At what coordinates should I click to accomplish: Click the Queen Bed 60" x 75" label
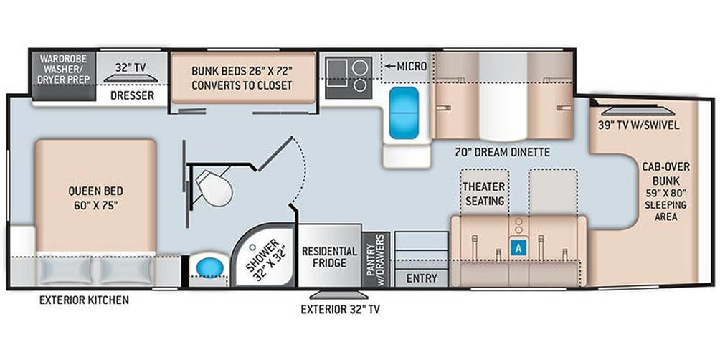95,198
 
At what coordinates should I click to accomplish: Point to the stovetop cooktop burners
349,77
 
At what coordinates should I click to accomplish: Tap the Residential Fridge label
329,257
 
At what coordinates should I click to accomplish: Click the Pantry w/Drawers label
375,259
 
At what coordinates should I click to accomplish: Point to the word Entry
421,278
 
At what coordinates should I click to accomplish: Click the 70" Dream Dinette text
502,151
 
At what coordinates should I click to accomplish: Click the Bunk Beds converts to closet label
242,77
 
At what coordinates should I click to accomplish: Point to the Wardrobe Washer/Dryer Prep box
65,69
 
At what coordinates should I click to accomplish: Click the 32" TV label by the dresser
131,67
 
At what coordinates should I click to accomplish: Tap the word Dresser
132,95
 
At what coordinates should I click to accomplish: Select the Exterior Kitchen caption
84,300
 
